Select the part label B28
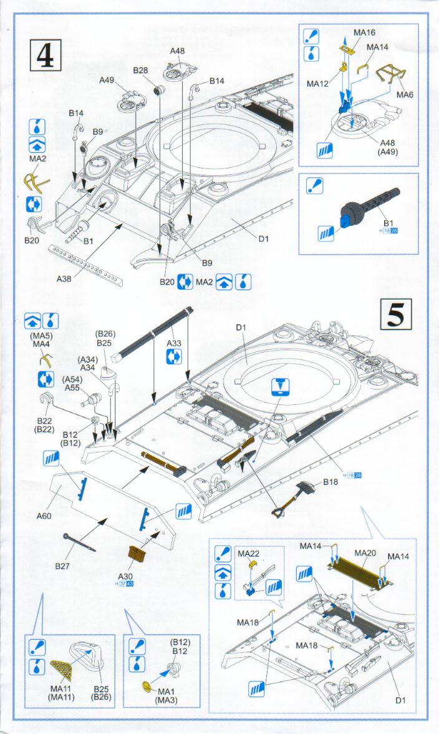pyautogui.click(x=140, y=71)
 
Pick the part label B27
pyautogui.click(x=62, y=566)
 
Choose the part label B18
pyautogui.click(x=330, y=482)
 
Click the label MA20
pyautogui.click(x=364, y=553)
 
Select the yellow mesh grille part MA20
pyautogui.click(x=356, y=571)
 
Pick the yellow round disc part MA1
pyautogui.click(x=148, y=687)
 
